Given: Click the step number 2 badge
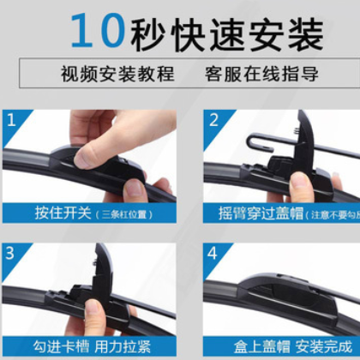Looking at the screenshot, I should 213,119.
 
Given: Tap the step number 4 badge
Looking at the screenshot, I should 213,253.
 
